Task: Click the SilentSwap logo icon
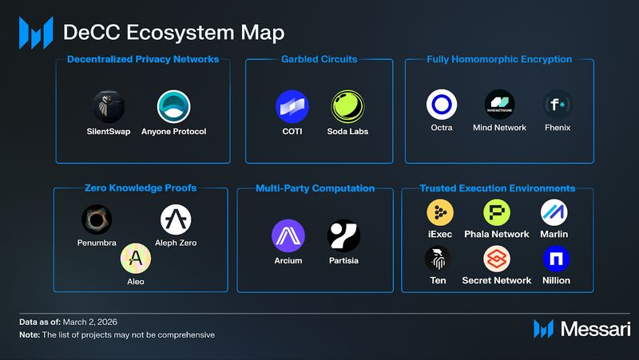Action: [x=107, y=105]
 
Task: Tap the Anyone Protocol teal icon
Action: [x=173, y=105]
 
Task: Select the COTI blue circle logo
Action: [x=291, y=105]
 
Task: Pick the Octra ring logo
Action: [x=441, y=105]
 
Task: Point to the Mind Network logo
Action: [x=500, y=105]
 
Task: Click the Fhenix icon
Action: [x=557, y=105]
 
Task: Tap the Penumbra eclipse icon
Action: [x=97, y=219]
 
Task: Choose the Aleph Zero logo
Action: [x=176, y=219]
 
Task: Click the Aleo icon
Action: [x=136, y=257]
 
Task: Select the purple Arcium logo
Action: [x=288, y=235]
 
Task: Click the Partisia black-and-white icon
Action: [x=343, y=235]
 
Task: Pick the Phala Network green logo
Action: [x=496, y=212]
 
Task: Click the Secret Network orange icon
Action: [x=496, y=258]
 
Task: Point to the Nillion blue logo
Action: [x=555, y=258]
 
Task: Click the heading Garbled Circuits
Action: [x=319, y=59]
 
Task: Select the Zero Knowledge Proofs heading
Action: [x=140, y=188]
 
